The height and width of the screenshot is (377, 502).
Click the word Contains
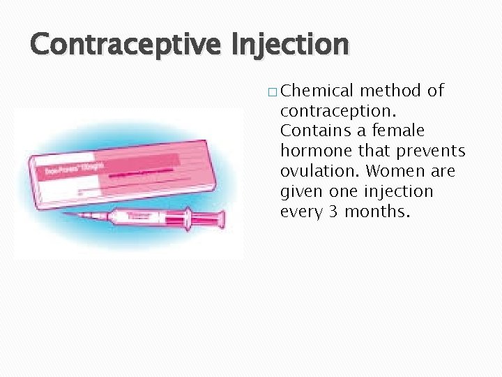pos(312,131)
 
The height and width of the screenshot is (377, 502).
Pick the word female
pos(399,131)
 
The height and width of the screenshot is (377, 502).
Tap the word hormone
pos(311,151)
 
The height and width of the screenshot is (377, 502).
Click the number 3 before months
pos(333,212)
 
